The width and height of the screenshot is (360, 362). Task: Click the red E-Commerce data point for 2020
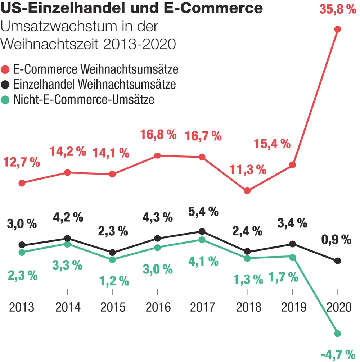click(337, 29)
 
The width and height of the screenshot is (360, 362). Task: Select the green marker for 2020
click(337, 334)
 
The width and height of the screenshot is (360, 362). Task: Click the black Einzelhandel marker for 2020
click(337, 261)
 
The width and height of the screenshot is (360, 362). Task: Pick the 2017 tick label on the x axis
click(202, 308)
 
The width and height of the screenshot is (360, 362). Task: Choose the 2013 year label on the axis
click(22, 308)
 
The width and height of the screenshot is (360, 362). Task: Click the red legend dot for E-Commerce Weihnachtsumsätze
click(6, 69)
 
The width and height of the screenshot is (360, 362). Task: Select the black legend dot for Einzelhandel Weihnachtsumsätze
click(6, 84)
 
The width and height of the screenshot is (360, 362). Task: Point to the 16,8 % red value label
click(158, 135)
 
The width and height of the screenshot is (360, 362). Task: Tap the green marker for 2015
click(112, 259)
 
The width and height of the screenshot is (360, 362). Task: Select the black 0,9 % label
click(336, 240)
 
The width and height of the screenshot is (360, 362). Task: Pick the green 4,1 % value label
click(203, 261)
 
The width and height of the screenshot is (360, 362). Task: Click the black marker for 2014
click(67, 238)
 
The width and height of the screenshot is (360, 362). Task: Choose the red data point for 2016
click(157, 155)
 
